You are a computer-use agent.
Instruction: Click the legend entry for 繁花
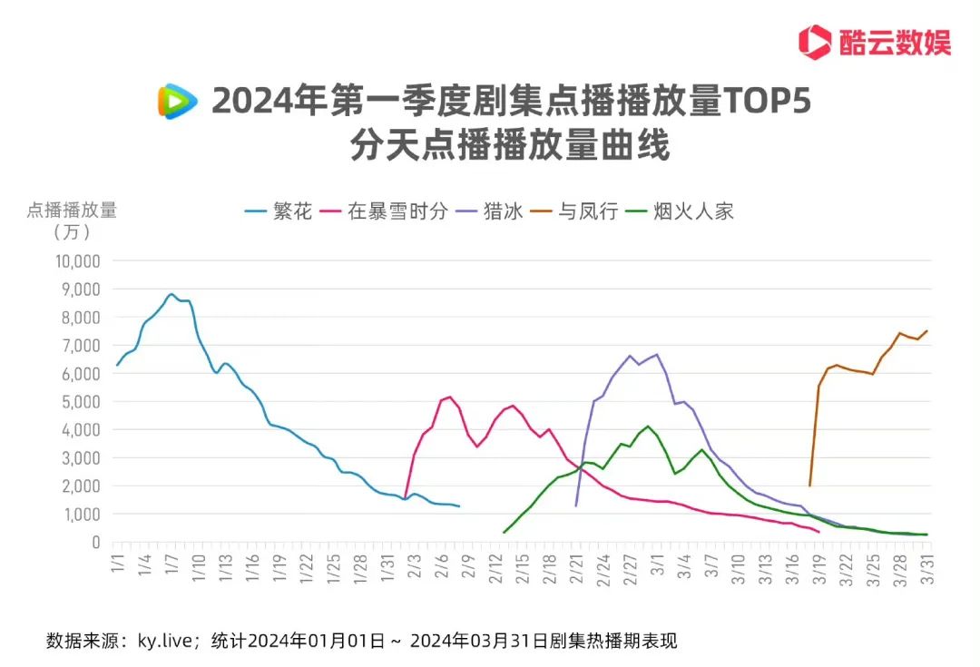point(279,212)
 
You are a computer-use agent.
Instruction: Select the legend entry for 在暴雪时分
point(386,212)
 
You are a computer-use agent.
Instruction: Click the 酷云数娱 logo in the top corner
point(874,41)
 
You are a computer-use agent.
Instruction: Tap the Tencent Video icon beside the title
point(177,102)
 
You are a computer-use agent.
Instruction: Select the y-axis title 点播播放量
point(72,210)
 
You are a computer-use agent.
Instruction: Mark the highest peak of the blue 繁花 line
point(171,294)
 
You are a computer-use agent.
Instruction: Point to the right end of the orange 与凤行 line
point(926,330)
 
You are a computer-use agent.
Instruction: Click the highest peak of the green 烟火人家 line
point(647,427)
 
